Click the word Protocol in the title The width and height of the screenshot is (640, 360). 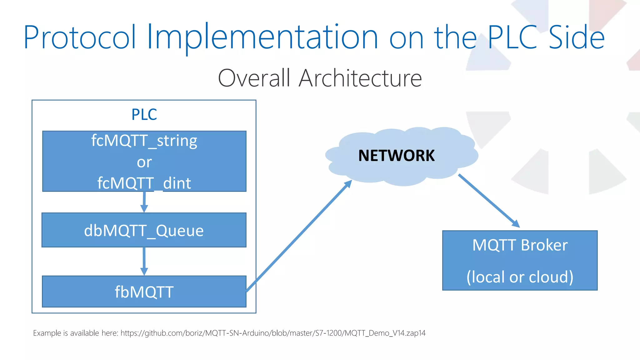point(80,37)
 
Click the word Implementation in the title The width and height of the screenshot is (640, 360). point(262,37)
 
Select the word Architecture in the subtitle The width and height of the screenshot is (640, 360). point(360,78)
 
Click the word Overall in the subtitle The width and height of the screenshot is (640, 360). point(254,78)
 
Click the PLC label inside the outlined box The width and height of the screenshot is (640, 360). point(144,114)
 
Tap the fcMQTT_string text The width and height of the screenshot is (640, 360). point(144,141)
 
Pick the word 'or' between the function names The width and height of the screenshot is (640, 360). point(144,162)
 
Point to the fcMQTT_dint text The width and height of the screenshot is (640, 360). point(144,183)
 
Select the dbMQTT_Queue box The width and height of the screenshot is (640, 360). point(144,230)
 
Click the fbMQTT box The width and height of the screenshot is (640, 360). point(144,292)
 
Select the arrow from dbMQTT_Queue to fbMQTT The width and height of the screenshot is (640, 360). point(144,261)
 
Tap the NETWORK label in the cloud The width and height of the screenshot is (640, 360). point(396,156)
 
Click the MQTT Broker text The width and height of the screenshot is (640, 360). point(520,245)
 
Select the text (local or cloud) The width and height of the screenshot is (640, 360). point(520,277)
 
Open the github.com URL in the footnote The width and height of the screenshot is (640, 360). point(273,333)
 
